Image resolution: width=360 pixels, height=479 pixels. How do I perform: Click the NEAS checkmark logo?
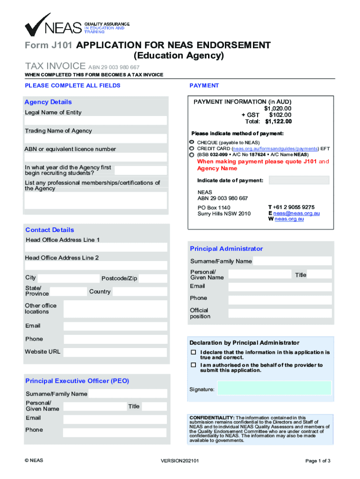click(x=37, y=25)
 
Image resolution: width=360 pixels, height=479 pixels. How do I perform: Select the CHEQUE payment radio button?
click(x=192, y=142)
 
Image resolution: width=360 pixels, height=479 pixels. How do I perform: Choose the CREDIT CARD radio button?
click(x=192, y=148)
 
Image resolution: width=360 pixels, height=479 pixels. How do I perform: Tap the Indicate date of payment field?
click(x=299, y=180)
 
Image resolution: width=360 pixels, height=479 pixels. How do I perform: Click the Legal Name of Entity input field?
click(x=96, y=121)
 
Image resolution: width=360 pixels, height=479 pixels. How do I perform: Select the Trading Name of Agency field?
click(x=96, y=139)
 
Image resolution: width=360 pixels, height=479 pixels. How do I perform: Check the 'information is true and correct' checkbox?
click(x=193, y=352)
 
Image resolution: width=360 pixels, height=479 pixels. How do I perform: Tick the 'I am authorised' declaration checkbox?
click(x=193, y=365)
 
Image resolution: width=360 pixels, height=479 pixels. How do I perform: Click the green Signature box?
click(x=274, y=388)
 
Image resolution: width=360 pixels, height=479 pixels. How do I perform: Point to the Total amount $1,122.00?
click(x=278, y=122)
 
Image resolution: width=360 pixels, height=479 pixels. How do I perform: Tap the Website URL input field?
click(x=115, y=352)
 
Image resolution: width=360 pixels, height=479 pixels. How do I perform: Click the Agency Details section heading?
click(x=48, y=102)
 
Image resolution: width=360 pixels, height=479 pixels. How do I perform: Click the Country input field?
click(x=140, y=292)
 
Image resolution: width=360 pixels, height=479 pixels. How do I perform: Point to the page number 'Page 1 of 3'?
click(x=318, y=461)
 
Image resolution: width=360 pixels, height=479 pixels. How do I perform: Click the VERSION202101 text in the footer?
click(x=180, y=461)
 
